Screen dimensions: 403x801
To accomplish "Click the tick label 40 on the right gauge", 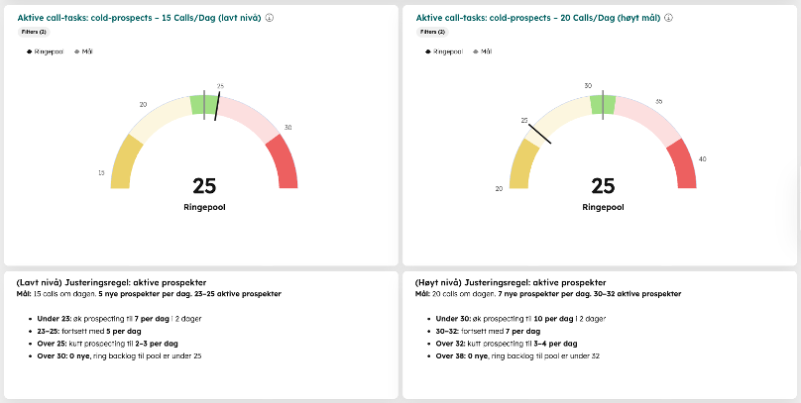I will coord(703,158).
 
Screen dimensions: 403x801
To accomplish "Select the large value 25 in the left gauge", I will coord(204,186).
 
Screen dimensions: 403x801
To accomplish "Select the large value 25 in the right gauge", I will coord(603,186).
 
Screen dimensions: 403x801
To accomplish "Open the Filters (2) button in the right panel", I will coord(431,32).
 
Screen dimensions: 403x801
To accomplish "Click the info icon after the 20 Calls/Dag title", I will coord(670,18).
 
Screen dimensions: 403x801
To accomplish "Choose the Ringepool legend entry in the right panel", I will coord(444,50).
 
